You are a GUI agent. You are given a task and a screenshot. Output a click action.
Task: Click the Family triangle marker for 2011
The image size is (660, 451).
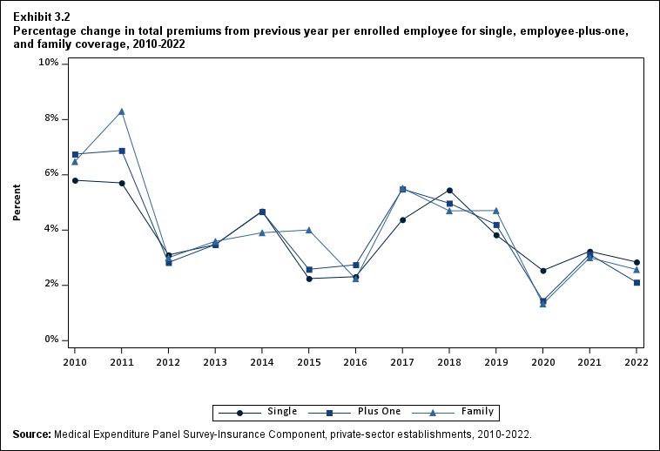[x=122, y=111]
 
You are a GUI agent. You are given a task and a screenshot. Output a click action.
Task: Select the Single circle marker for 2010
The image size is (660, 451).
[x=75, y=180]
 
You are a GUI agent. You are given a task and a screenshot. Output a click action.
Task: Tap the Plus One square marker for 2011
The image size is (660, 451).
[x=122, y=151]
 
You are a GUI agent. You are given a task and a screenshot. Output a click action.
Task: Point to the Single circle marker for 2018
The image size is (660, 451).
[x=449, y=191]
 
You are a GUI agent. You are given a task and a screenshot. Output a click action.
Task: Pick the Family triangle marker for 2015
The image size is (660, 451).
[x=309, y=230]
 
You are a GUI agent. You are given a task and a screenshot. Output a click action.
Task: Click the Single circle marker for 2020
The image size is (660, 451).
[x=543, y=271]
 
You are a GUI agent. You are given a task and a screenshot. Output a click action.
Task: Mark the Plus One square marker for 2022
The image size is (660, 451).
[x=636, y=282]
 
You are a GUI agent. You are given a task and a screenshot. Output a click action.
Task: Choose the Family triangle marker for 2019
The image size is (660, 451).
[x=496, y=211]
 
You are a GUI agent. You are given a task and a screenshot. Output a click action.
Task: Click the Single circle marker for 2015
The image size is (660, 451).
[x=309, y=279]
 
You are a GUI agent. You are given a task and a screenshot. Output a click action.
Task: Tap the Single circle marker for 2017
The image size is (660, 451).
[x=402, y=219]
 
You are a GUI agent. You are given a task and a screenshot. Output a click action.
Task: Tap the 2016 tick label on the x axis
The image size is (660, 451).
[x=355, y=361]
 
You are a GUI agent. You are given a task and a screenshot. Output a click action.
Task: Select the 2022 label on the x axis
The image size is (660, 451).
[x=636, y=361]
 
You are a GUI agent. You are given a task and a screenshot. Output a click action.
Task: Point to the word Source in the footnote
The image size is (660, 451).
[x=31, y=434]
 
